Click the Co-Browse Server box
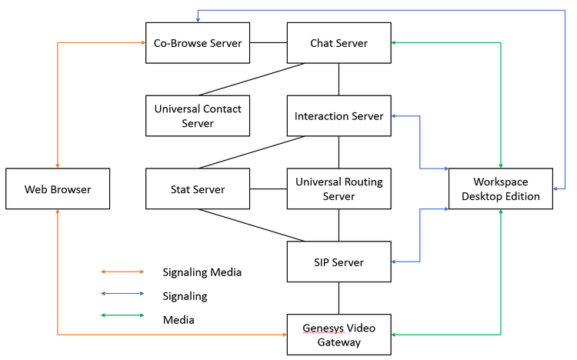click(x=198, y=43)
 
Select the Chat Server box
click(x=339, y=43)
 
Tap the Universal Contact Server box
click(x=198, y=115)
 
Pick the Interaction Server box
click(x=339, y=115)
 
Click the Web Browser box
click(x=58, y=188)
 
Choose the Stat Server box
click(x=198, y=188)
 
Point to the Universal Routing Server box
click(x=339, y=188)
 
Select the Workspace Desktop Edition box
click(x=501, y=188)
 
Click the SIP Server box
click(x=339, y=262)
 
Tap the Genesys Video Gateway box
click(x=339, y=335)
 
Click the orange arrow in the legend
click(x=122, y=272)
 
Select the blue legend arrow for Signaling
click(x=122, y=293)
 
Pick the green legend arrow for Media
click(x=122, y=315)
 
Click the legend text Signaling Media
click(x=202, y=272)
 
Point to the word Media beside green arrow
click(x=178, y=320)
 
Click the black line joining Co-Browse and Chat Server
click(x=268, y=43)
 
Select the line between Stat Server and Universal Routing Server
click(x=268, y=188)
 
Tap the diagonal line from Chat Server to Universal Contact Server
click(x=252, y=79)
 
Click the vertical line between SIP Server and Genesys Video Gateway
click(x=339, y=298)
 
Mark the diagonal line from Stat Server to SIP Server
click(x=252, y=225)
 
